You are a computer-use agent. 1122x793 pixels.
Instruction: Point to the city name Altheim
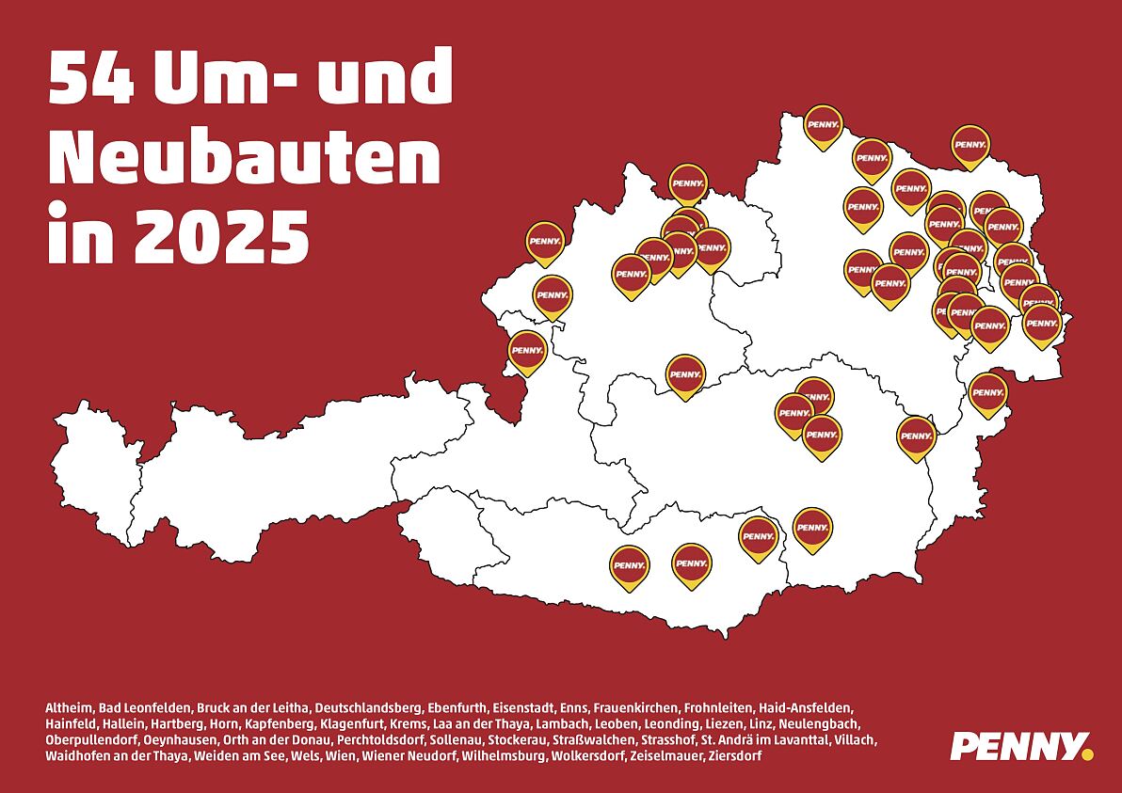[68, 707]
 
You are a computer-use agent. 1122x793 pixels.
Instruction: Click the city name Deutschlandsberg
[368, 707]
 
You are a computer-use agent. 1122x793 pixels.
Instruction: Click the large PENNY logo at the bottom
[1016, 746]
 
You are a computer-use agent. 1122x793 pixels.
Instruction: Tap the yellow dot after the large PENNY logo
[1088, 753]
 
